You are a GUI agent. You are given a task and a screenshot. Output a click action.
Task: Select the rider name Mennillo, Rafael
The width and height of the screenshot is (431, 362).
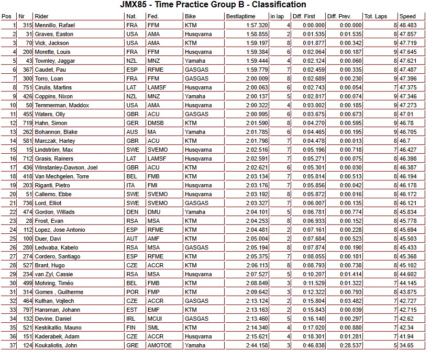(53, 25)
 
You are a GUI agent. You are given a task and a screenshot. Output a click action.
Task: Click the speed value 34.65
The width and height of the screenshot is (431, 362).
(406, 345)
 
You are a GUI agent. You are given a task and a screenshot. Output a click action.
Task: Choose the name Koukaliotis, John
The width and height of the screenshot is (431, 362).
(56, 345)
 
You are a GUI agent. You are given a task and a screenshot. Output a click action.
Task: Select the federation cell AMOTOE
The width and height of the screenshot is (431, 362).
(159, 345)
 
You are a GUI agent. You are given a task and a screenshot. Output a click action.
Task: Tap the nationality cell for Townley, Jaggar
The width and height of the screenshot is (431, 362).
(132, 61)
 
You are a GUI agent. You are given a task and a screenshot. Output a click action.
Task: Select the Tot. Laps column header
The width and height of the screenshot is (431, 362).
(376, 17)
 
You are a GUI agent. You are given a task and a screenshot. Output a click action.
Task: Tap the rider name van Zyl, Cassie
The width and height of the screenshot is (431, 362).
(53, 274)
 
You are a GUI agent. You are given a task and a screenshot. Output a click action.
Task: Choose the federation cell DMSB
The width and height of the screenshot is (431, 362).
(156, 123)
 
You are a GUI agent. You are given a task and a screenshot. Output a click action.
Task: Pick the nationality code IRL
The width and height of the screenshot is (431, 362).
(131, 319)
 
